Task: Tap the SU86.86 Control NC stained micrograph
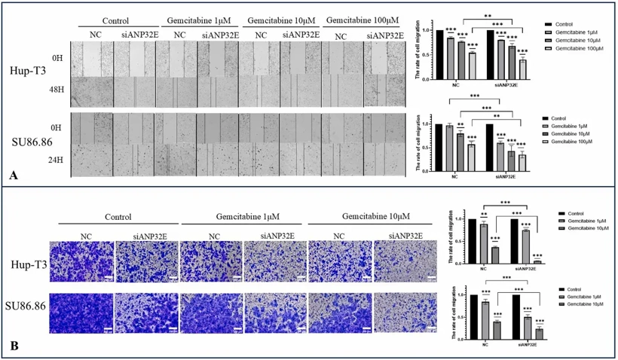coord(81,312)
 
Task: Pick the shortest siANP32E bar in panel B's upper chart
coord(537,262)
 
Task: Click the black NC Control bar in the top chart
coord(439,54)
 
